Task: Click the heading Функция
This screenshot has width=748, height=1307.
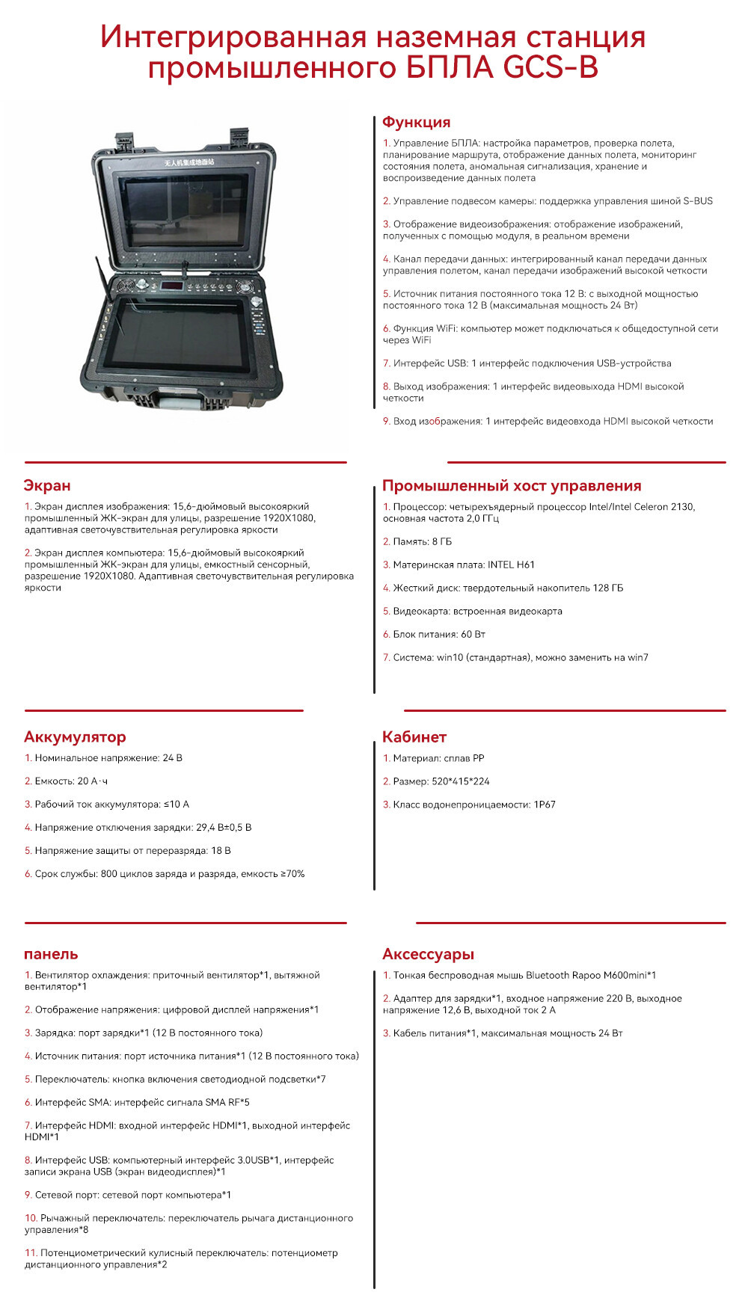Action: click(416, 122)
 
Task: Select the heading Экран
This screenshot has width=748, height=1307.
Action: click(47, 485)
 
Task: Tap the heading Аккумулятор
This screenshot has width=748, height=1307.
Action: click(75, 736)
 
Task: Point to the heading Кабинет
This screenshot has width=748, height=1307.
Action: click(414, 736)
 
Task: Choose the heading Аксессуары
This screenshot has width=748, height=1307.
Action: click(428, 954)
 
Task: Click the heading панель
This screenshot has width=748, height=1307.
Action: click(51, 954)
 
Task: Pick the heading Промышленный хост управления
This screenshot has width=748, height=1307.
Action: click(512, 485)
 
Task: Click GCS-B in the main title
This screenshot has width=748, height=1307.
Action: click(551, 68)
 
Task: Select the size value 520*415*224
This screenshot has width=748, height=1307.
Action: click(461, 781)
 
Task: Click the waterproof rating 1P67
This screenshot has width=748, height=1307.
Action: click(544, 805)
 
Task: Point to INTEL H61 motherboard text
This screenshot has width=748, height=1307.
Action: click(511, 565)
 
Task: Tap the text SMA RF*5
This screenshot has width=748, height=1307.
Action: click(226, 1102)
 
